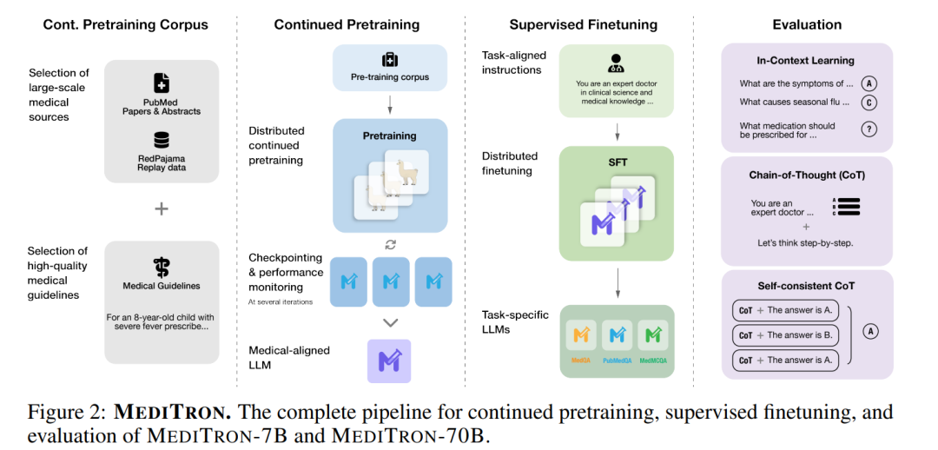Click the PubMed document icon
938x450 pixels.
click(x=162, y=83)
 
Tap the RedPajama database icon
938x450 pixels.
click(x=162, y=140)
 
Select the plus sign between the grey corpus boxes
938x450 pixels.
click(x=162, y=208)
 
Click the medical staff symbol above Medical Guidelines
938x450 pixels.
click(x=162, y=267)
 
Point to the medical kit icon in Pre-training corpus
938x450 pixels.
click(x=390, y=60)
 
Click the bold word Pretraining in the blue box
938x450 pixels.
click(x=389, y=136)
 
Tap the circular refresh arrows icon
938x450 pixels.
click(x=390, y=244)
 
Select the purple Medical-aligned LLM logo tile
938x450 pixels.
click(x=389, y=361)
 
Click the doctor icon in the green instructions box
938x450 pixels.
click(x=616, y=63)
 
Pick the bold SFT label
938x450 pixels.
click(x=616, y=163)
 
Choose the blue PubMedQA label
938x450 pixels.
click(x=618, y=361)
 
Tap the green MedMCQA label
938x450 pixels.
click(x=653, y=361)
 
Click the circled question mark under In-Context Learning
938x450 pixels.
click(x=869, y=129)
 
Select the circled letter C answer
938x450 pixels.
click(x=869, y=103)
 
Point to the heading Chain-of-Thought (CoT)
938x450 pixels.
click(x=807, y=175)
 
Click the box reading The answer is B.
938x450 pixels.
click(x=785, y=335)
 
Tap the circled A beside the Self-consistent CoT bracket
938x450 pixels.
click(x=871, y=331)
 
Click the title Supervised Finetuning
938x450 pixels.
click(x=584, y=24)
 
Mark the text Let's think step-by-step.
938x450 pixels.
click(x=806, y=243)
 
